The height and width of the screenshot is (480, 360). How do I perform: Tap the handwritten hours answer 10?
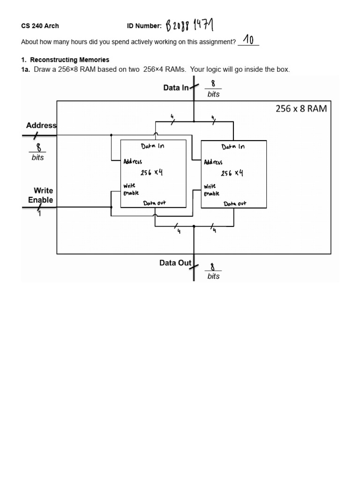pos(248,40)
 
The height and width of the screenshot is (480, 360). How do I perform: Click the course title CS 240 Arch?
pos(40,26)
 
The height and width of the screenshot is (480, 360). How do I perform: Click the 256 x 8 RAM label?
pos(300,109)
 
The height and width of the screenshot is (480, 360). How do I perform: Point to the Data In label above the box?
pos(176,88)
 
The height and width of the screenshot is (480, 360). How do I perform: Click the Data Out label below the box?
pos(175,263)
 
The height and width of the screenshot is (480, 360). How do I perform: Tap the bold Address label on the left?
pos(41,125)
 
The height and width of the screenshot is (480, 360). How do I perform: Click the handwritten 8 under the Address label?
pos(38,148)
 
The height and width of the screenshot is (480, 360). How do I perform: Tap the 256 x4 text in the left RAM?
pos(152,172)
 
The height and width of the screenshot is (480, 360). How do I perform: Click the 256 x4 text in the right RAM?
pos(232,173)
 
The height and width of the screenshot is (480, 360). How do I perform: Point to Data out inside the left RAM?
pos(154,203)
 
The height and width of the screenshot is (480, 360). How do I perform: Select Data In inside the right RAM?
pos(233,146)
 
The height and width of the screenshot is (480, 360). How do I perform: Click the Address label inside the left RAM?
pos(133,162)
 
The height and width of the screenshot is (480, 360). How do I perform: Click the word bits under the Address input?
pos(38,157)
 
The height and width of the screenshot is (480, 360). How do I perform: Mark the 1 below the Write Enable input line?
pos(40,215)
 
